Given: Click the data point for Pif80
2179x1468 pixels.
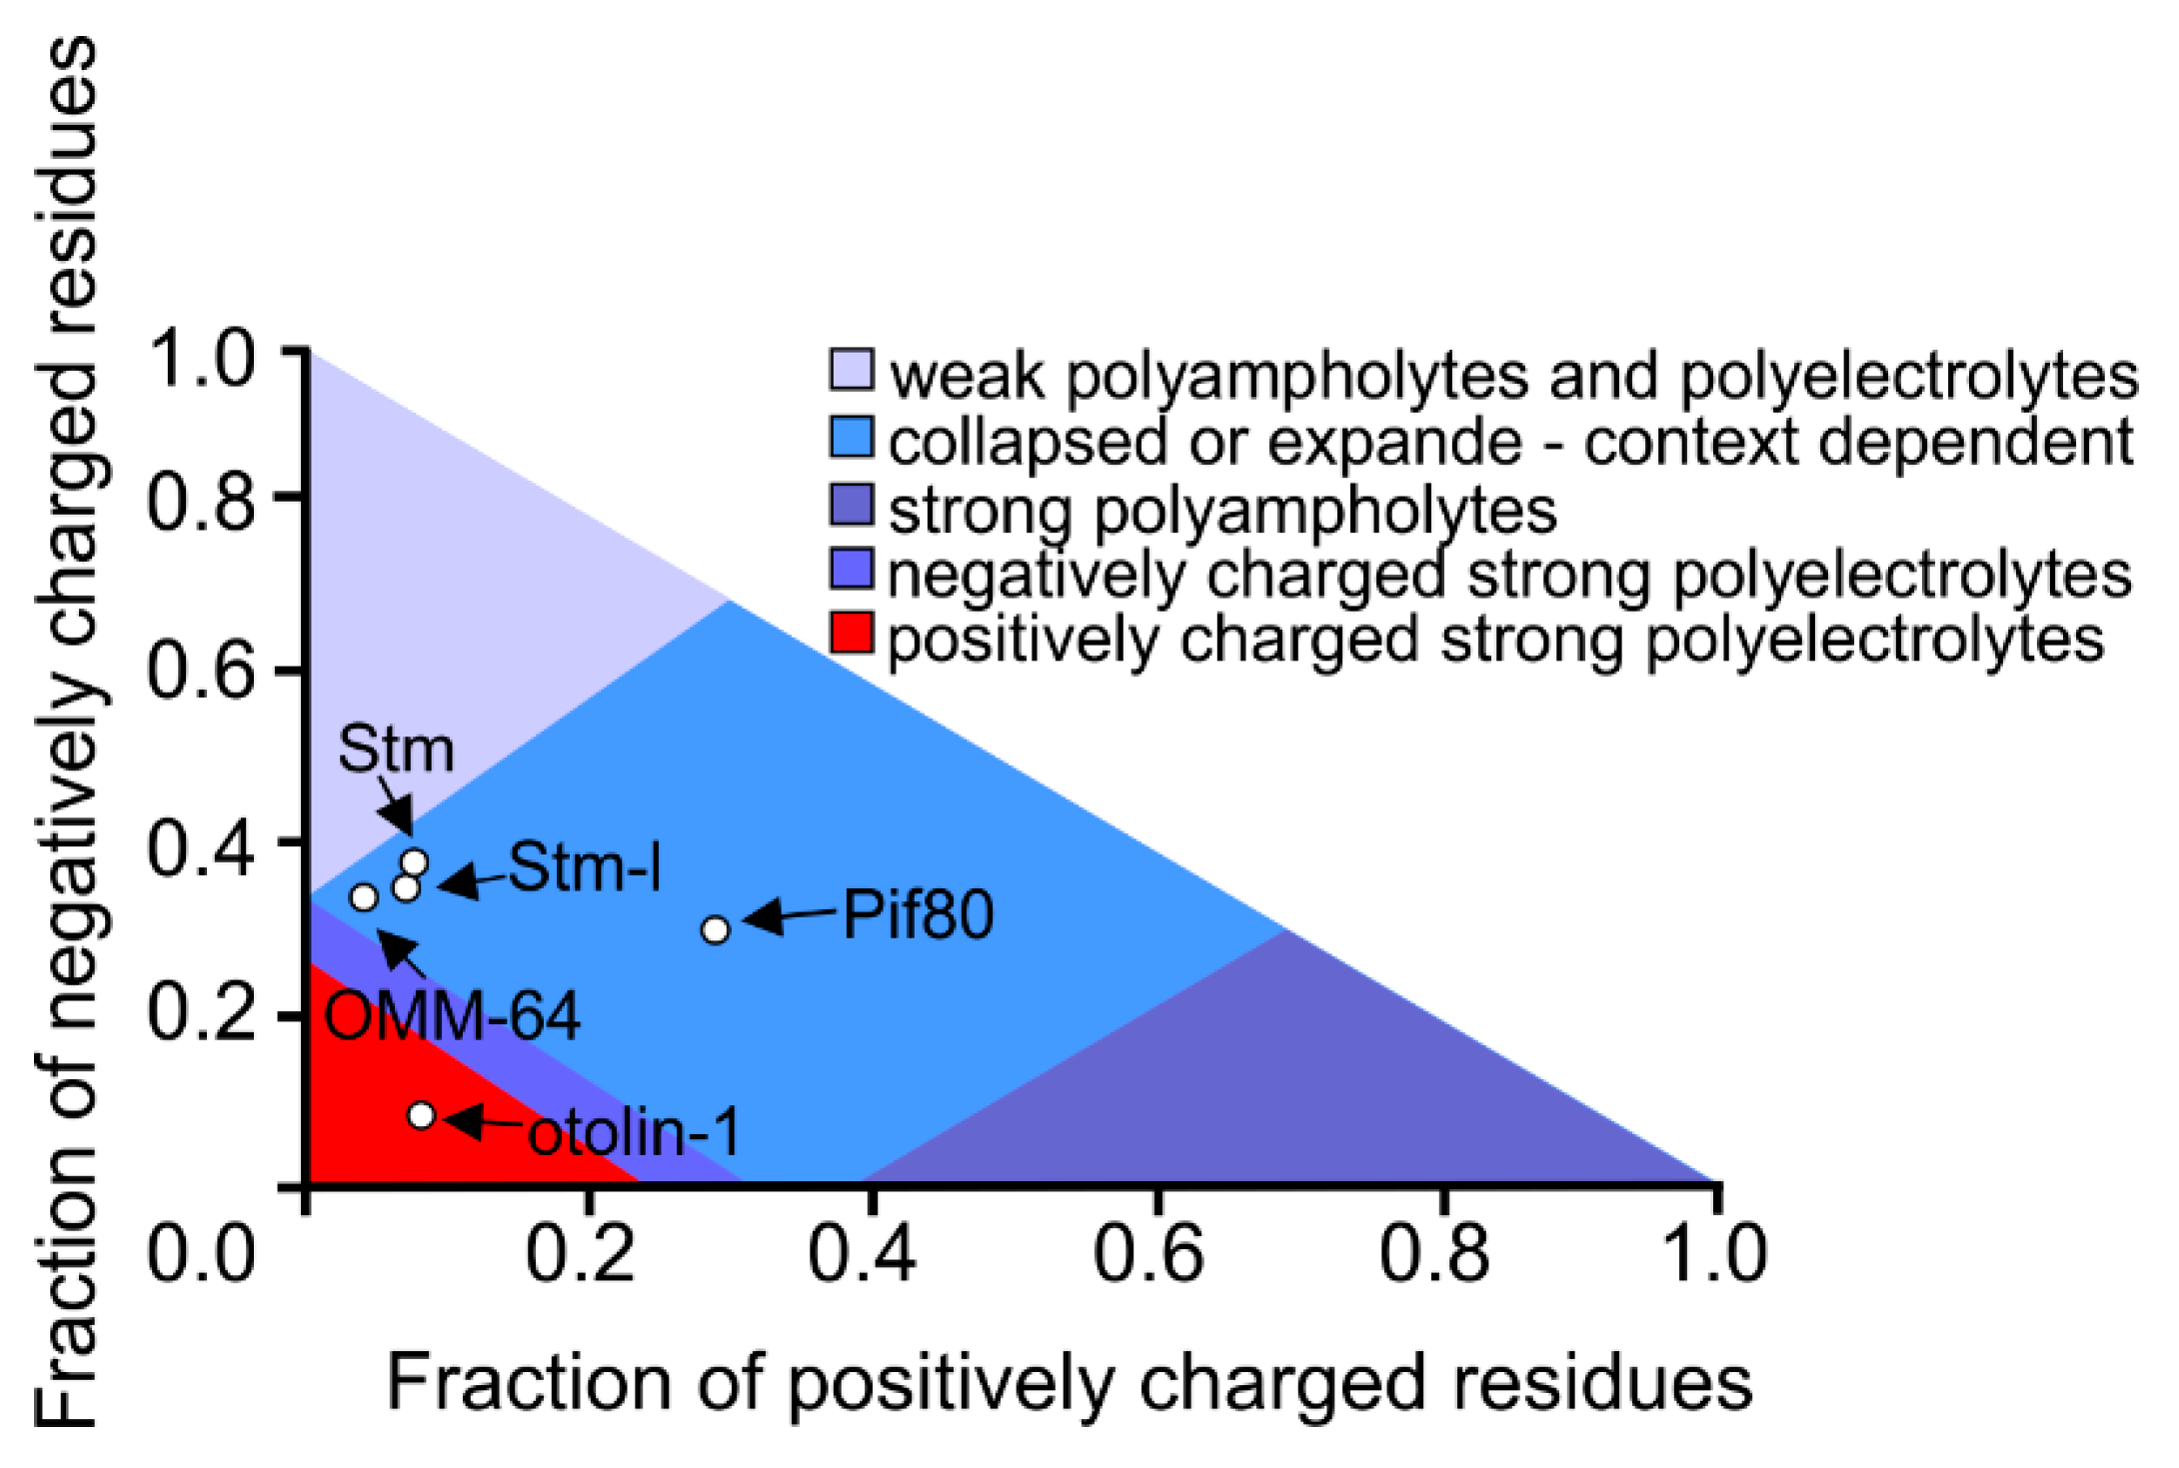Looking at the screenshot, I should coord(715,929).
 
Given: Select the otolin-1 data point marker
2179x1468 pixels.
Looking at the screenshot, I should coord(422,1114).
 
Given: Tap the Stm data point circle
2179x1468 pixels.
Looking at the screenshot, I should coord(414,861).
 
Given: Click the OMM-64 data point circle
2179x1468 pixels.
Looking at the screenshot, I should coord(364,896).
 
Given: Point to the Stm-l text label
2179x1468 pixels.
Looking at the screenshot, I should coord(584,867).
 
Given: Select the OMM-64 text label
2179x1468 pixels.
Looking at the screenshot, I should coord(452,1017).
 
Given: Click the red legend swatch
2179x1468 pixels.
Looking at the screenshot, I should coord(852,633).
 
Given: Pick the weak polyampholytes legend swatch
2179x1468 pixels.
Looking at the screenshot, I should coord(852,369).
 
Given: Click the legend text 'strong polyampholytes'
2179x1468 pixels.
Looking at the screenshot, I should coord(1221,510).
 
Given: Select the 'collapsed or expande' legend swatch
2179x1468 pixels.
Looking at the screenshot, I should coord(852,436).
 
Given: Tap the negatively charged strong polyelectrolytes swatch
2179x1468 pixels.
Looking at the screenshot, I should coord(852,569).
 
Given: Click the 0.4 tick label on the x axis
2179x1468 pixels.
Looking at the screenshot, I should coord(862,1253).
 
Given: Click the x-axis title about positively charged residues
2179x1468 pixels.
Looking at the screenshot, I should coord(1070,1383).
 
